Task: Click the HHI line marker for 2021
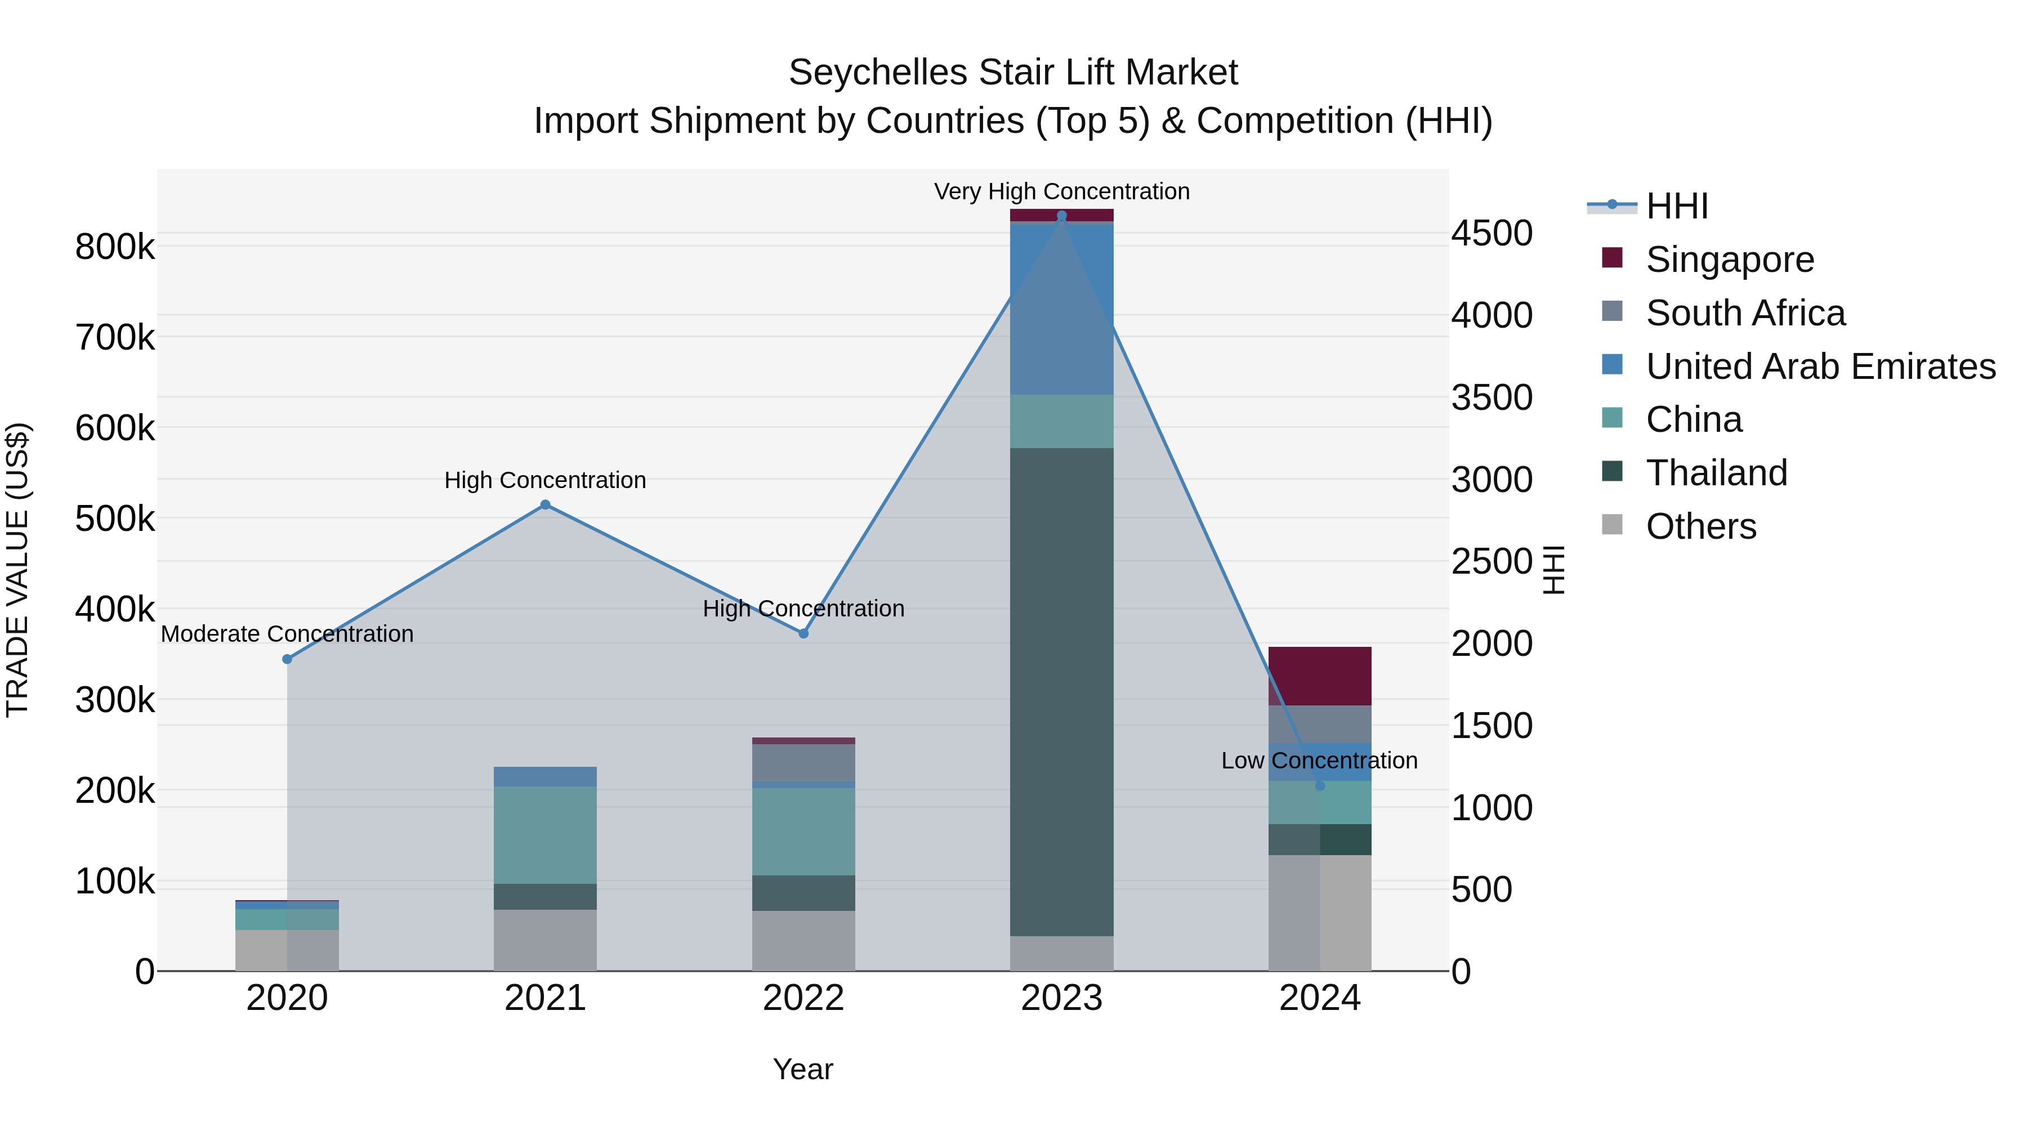click(x=545, y=505)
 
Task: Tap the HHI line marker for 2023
click(x=1061, y=216)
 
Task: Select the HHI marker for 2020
click(x=287, y=659)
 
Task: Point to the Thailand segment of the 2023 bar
click(x=1061, y=692)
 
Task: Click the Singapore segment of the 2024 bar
click(x=1320, y=677)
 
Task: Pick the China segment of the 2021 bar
click(x=545, y=835)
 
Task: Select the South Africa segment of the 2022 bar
click(x=803, y=763)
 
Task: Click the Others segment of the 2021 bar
click(x=545, y=940)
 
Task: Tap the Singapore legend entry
click(x=1730, y=260)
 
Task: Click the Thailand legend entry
click(x=1716, y=473)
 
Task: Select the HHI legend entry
click(x=1676, y=206)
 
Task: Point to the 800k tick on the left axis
click(x=115, y=247)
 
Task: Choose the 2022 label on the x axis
click(x=803, y=998)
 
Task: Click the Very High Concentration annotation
click(x=1061, y=191)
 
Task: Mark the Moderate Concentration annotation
click(x=287, y=634)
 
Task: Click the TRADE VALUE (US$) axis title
click(x=17, y=570)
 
